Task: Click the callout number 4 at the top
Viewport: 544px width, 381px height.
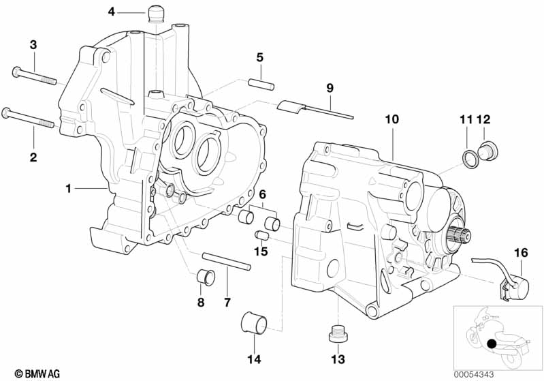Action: (x=112, y=11)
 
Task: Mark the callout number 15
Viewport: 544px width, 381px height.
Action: (x=261, y=253)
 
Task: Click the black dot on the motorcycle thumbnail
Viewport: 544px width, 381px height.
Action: (x=492, y=344)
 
